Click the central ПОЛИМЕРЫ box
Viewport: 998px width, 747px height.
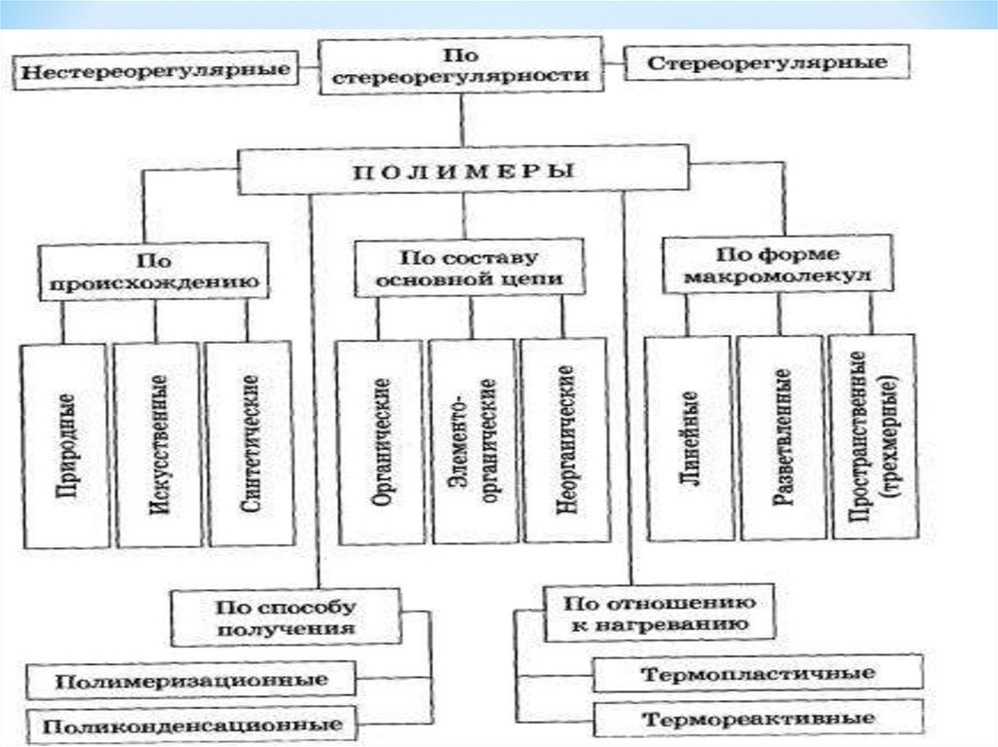pos(463,171)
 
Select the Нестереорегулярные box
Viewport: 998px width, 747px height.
pos(157,72)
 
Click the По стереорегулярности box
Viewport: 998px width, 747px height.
pos(460,65)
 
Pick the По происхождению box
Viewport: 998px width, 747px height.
pos(154,272)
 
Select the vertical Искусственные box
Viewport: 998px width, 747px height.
pos(157,443)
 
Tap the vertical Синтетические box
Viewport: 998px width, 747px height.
pos(249,443)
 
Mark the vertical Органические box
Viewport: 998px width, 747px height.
pos(380,441)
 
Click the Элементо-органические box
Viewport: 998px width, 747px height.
pos(473,441)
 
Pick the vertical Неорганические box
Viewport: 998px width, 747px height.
pos(566,441)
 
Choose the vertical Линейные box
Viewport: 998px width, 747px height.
pos(688,438)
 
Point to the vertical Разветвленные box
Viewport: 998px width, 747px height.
pos(781,438)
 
